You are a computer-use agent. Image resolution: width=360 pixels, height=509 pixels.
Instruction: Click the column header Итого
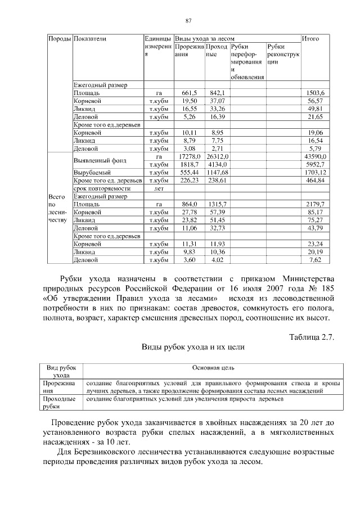coord(310,39)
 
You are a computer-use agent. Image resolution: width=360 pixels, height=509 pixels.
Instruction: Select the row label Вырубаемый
coord(92,172)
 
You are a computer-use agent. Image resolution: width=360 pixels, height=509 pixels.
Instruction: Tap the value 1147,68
coord(217,172)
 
